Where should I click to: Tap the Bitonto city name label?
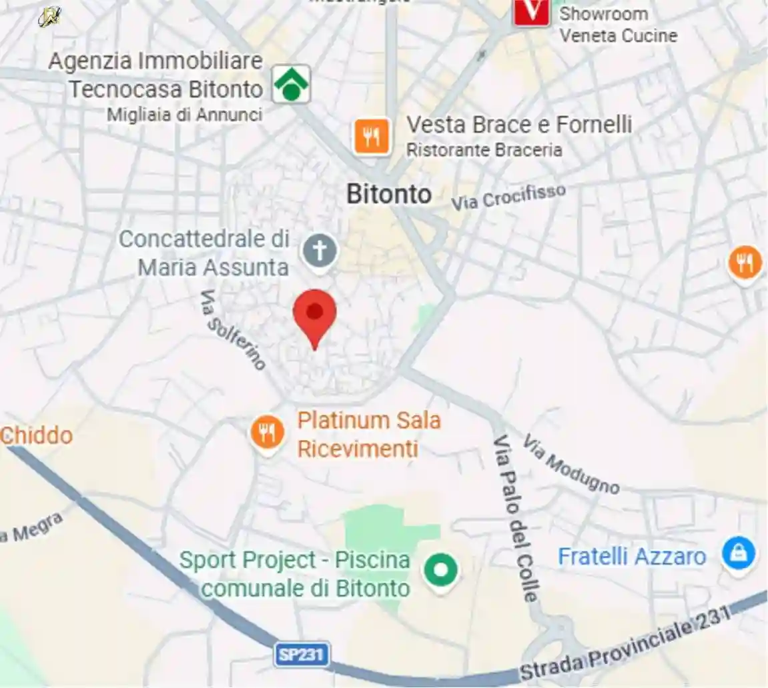pyautogui.click(x=389, y=194)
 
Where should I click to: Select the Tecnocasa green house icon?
pyautogui.click(x=291, y=85)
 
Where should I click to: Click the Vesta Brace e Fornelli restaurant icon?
pyautogui.click(x=372, y=136)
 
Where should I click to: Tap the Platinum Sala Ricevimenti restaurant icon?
pyautogui.click(x=267, y=433)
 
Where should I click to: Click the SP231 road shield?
pyautogui.click(x=302, y=655)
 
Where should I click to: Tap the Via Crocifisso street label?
pyautogui.click(x=508, y=197)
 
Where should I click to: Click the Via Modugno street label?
pyautogui.click(x=571, y=464)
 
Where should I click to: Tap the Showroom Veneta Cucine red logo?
pyautogui.click(x=531, y=11)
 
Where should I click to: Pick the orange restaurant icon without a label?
pyautogui.click(x=745, y=263)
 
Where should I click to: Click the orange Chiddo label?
pyautogui.click(x=36, y=435)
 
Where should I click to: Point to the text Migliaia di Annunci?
pyautogui.click(x=185, y=115)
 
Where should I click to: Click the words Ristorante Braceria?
pyautogui.click(x=484, y=150)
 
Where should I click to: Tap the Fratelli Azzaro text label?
pyautogui.click(x=631, y=556)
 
